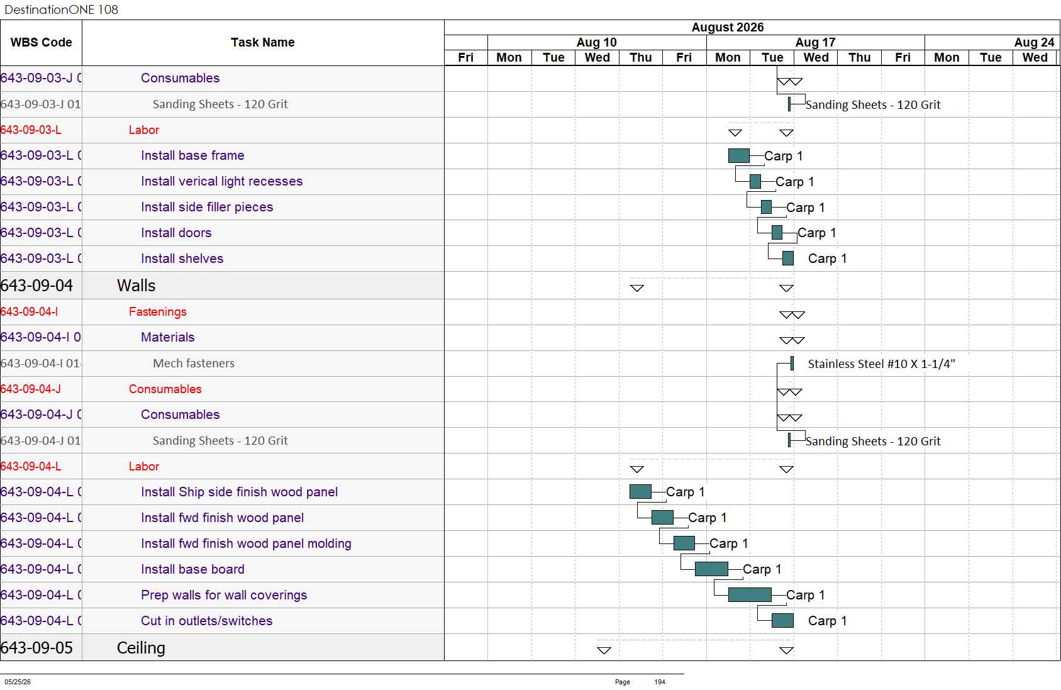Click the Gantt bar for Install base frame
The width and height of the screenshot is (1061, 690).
click(738, 156)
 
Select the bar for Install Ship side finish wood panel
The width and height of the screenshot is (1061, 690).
click(640, 492)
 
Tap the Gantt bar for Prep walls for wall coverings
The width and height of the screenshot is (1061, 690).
click(750, 595)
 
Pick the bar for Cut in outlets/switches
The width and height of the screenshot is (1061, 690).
click(782, 620)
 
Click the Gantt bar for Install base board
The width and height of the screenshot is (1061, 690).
click(711, 569)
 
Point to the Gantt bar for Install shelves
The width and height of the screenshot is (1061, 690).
click(788, 258)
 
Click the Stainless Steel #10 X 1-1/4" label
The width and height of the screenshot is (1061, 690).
click(882, 364)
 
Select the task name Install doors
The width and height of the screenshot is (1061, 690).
click(176, 233)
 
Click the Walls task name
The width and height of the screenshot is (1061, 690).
click(136, 286)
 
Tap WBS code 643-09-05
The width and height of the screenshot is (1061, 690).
click(36, 647)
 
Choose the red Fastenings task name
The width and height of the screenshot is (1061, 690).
click(158, 311)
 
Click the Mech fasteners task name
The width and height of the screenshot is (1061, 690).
click(194, 363)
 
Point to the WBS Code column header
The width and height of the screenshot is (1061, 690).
click(42, 42)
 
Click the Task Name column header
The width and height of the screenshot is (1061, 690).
click(263, 42)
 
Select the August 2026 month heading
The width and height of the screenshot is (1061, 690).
click(728, 27)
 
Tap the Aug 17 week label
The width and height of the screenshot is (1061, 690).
click(815, 42)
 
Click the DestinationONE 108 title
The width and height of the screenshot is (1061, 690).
click(61, 9)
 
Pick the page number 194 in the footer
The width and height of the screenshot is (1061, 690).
click(660, 682)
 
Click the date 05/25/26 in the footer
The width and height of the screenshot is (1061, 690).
click(18, 682)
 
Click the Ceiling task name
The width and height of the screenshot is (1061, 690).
click(141, 647)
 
